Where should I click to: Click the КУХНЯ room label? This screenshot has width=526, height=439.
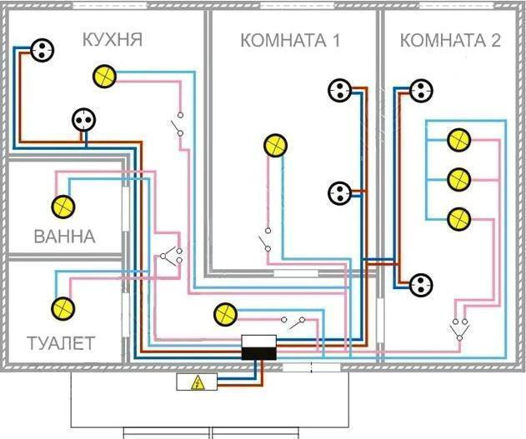[113, 39]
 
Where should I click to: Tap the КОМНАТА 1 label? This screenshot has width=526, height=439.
[290, 40]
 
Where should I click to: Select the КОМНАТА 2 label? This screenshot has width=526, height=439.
[450, 40]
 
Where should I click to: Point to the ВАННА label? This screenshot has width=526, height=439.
[65, 237]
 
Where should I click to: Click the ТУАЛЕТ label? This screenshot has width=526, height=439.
[61, 343]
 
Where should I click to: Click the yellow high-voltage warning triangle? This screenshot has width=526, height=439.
[198, 382]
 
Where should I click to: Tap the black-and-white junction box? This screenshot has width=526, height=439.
[259, 347]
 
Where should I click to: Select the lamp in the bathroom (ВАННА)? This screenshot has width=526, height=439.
[63, 207]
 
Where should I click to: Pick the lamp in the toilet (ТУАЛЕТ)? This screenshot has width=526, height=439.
[63, 309]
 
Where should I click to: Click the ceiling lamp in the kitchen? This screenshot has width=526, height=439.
[104, 77]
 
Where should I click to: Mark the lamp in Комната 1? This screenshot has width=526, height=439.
[275, 146]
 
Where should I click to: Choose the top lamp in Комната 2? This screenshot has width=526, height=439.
[459, 140]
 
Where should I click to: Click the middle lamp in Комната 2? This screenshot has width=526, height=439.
[459, 180]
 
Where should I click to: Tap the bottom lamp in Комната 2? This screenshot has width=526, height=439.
[459, 219]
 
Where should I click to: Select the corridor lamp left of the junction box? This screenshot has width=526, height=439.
[225, 314]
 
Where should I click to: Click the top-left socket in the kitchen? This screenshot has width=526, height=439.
[42, 50]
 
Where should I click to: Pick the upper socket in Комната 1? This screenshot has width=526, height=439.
[340, 90]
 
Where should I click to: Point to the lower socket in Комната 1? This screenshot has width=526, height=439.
[340, 193]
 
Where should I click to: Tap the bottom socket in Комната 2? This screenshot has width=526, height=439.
[421, 285]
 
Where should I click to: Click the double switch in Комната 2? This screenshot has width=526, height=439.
[459, 330]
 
